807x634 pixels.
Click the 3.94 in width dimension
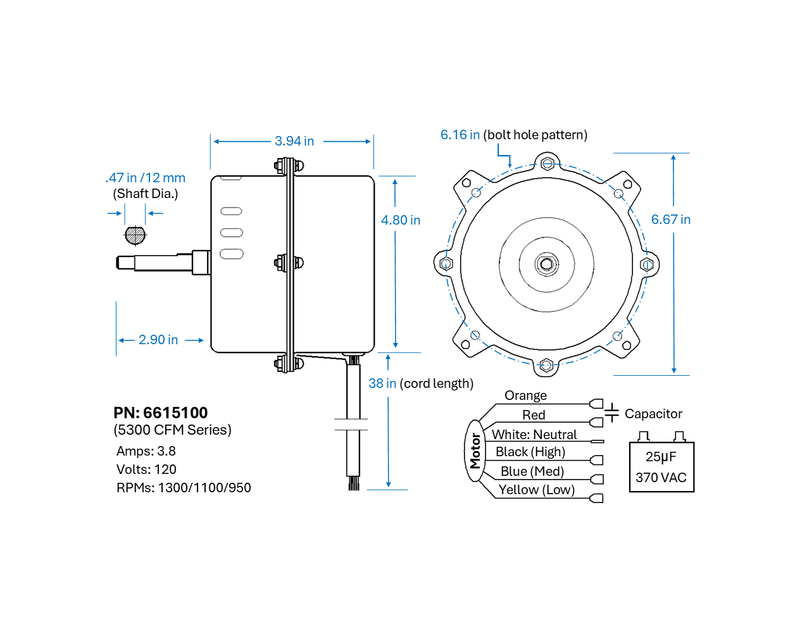tap(294, 141)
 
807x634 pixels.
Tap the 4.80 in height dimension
tap(400, 220)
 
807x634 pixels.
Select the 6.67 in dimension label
tap(670, 220)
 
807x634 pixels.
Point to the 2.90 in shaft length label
tap(158, 340)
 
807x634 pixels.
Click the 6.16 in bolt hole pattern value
tap(460, 135)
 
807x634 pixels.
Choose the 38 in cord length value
tap(382, 383)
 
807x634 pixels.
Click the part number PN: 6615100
tap(161, 413)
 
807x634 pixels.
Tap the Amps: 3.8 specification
tap(146, 451)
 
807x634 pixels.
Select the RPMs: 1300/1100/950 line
tap(184, 488)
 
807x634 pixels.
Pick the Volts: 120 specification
tap(146, 469)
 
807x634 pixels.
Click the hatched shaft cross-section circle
tap(135, 235)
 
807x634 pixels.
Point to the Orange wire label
tap(525, 395)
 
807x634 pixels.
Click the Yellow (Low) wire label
tap(536, 490)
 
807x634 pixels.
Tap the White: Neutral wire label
tap(534, 435)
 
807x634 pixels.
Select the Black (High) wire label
tap(530, 452)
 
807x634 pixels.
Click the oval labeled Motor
tap(475, 451)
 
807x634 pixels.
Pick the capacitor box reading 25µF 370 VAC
tap(661, 467)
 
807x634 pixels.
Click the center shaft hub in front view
tap(546, 264)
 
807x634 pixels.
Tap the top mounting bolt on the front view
tap(547, 164)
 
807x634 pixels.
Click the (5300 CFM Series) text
tap(172, 430)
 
